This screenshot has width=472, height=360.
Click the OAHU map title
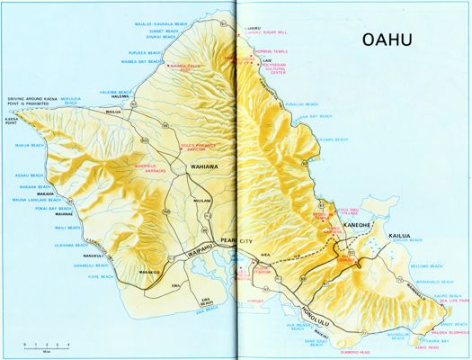(393, 40)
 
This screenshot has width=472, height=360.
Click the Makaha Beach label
(29, 187)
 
